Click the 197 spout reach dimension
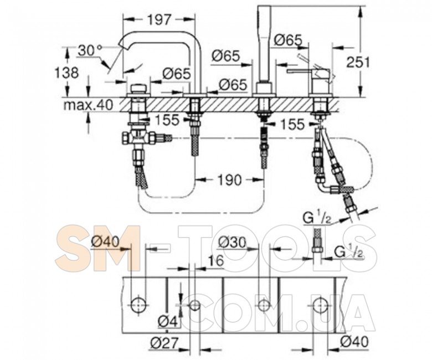pyautogui.click(x=160, y=19)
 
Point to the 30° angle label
pyautogui.click(x=90, y=51)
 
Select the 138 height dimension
pyautogui.click(x=67, y=73)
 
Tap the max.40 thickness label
pyautogui.click(x=89, y=105)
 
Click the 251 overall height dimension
pyautogui.click(x=358, y=62)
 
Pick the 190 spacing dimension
pyautogui.click(x=229, y=180)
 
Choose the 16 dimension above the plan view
pyautogui.click(x=215, y=260)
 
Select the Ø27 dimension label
pyautogui.click(x=164, y=343)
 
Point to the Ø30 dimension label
pyautogui.click(x=232, y=243)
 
